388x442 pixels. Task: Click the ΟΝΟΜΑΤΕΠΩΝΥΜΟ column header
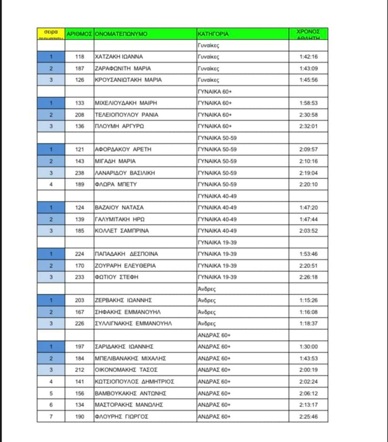(121, 34)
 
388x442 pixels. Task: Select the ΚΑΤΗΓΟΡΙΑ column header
(213, 34)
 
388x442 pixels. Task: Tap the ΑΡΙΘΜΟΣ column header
(79, 34)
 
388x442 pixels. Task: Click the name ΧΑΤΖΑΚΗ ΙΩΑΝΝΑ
(119, 57)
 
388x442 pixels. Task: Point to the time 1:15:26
(308, 300)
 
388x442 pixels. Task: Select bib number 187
(79, 68)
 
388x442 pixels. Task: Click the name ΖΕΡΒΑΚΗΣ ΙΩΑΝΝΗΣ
(123, 300)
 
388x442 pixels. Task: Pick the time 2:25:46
(308, 416)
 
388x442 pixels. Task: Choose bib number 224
(79, 254)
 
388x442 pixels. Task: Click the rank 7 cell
(51, 416)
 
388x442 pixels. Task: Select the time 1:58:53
(308, 103)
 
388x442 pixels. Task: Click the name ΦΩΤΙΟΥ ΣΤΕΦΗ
(116, 277)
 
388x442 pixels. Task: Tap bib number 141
(79, 381)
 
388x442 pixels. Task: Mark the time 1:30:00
(308, 346)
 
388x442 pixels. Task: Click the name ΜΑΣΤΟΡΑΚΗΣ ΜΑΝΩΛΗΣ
(129, 405)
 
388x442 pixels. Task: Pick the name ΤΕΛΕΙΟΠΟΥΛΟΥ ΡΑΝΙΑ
(126, 115)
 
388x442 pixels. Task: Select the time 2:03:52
(308, 231)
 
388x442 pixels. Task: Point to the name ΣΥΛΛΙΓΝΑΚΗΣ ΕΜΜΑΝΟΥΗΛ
(133, 323)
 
